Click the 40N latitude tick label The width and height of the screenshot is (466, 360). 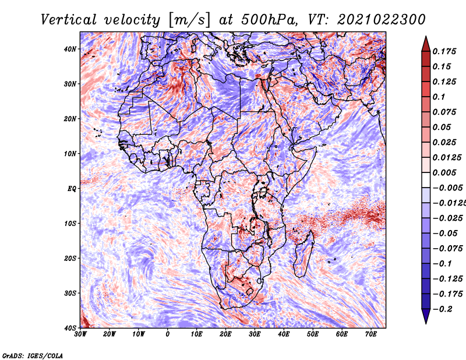tap(70, 49)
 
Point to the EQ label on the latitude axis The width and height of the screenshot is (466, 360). tap(72, 189)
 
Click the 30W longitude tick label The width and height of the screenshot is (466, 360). tap(80, 334)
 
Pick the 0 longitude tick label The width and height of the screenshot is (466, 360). tap(168, 334)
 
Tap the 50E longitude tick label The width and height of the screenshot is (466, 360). tap(313, 334)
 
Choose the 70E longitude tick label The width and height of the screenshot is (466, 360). tap(371, 334)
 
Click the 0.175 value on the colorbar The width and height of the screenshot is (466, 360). tap(444, 51)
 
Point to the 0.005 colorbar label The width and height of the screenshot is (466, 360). tap(444, 172)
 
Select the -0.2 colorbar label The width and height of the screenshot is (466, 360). tap(443, 309)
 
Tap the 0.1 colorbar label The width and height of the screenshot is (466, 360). tap(439, 97)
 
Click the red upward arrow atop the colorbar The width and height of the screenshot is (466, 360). tap(426, 44)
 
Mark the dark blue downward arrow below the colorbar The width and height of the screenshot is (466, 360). tap(426, 316)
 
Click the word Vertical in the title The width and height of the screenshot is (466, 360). tap(69, 20)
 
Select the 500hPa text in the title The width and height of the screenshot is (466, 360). tap(269, 20)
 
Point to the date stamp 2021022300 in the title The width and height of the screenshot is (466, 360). tap(382, 20)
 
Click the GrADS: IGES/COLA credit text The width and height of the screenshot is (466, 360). tap(33, 355)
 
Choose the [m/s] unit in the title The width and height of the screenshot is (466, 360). tap(189, 20)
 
